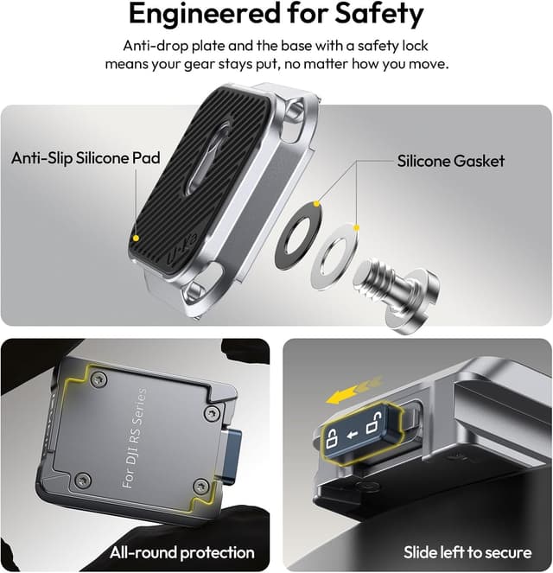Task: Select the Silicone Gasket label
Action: point(450,161)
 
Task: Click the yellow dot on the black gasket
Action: point(317,205)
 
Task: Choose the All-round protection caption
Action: point(181,551)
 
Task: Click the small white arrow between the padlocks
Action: point(353,432)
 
